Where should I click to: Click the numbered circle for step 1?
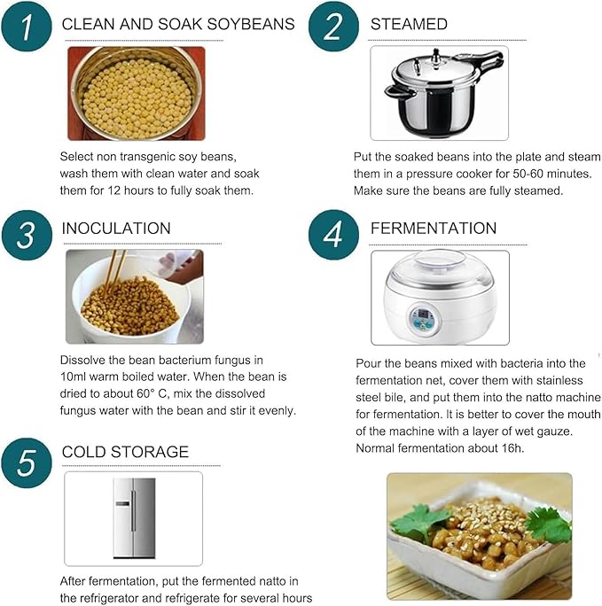tap(27, 27)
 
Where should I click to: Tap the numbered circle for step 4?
tap(333, 235)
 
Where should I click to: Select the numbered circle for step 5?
tap(27, 462)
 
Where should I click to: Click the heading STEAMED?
tap(409, 24)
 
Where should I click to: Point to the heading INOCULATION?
tap(116, 228)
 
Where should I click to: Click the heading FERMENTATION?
tap(434, 228)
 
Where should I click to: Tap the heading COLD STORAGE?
tap(125, 452)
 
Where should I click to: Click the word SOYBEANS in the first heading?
tap(251, 24)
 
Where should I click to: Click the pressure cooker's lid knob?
tap(436, 54)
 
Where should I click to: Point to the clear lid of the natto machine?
tap(439, 267)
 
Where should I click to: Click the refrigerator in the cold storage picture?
tap(134, 518)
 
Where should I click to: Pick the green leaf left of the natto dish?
tap(418, 523)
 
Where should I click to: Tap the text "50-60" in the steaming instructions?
tap(528, 174)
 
